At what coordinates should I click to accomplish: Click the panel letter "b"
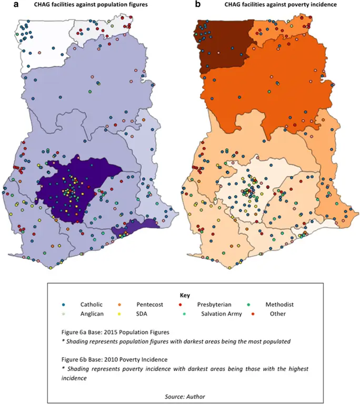coord(198,5)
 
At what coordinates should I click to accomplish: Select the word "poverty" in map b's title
coord(294,5)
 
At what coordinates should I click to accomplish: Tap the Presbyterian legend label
coord(216,305)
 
